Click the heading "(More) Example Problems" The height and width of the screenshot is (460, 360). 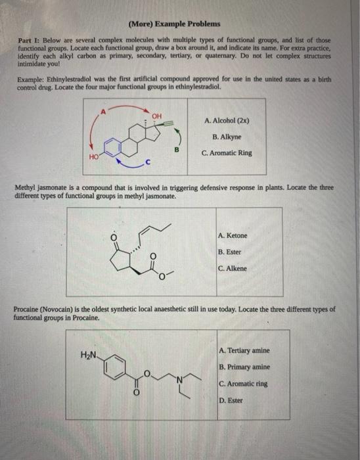(x=174, y=24)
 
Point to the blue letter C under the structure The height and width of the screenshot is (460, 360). (x=148, y=162)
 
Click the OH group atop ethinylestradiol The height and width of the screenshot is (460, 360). (x=156, y=116)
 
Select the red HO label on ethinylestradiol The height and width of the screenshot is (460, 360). (x=94, y=156)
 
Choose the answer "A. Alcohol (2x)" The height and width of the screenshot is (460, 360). (x=227, y=121)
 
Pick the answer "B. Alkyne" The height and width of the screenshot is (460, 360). (x=227, y=137)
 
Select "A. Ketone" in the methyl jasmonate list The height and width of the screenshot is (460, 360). (x=233, y=235)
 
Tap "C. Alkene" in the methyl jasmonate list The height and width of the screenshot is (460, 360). (x=233, y=268)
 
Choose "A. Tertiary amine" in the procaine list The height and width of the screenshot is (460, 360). (x=244, y=350)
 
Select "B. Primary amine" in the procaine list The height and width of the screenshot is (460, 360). (x=244, y=367)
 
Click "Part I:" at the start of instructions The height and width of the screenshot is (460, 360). (x=29, y=41)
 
